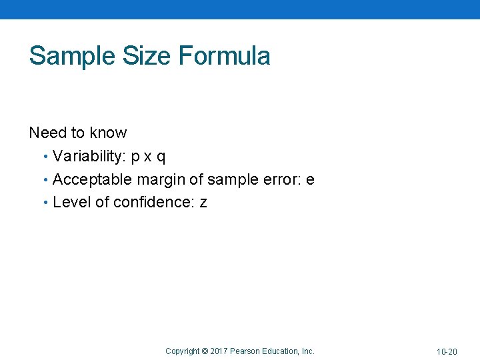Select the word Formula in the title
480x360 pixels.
tap(225, 55)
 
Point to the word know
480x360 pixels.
tap(108, 133)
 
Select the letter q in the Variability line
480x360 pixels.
tap(161, 158)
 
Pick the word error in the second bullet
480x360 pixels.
tap(280, 179)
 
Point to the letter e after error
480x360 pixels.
tap(309, 180)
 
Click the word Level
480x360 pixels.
tap(71, 202)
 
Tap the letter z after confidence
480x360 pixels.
tap(203, 203)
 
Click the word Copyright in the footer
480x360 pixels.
tap(182, 351)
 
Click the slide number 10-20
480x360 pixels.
tap(447, 351)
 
